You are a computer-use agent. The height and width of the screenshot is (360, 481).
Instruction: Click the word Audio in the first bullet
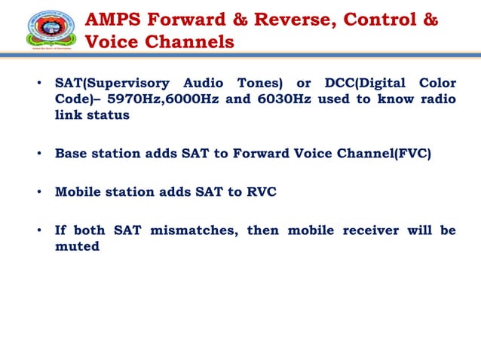tap(204, 83)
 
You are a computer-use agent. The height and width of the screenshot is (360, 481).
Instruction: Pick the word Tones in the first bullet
tap(259, 83)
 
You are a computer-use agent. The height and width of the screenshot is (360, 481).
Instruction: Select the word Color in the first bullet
tap(436, 83)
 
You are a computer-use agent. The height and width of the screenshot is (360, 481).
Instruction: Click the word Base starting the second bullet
tap(72, 154)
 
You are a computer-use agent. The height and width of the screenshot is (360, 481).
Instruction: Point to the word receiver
tap(375, 230)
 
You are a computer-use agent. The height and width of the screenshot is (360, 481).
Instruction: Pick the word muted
tap(77, 246)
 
